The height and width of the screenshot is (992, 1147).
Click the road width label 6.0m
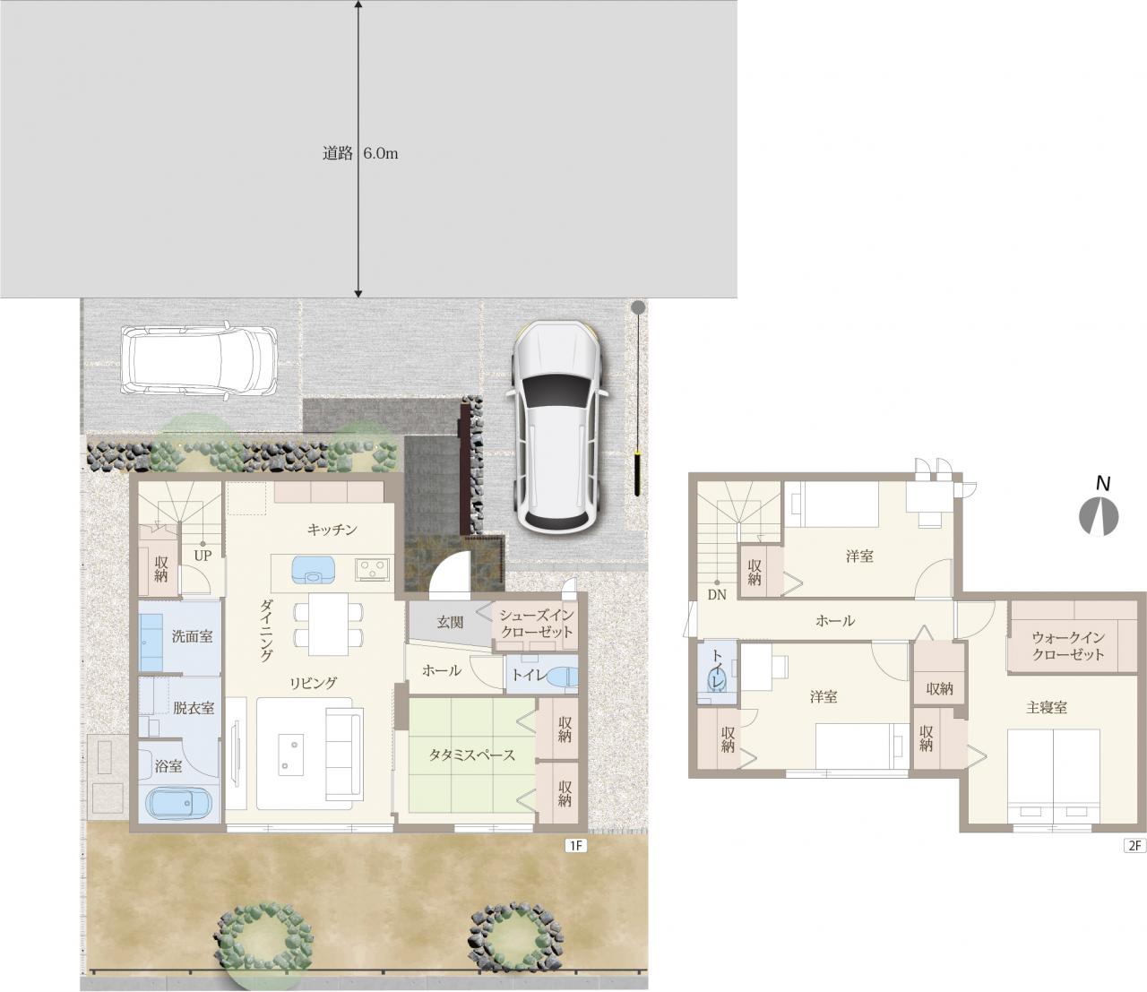click(x=381, y=153)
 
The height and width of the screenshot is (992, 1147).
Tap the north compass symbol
click(x=1099, y=516)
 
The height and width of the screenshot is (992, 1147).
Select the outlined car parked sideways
click(x=199, y=358)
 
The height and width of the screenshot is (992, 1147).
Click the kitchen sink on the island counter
click(x=313, y=569)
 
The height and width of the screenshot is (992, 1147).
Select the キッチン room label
click(x=332, y=530)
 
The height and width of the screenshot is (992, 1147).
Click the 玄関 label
click(x=450, y=623)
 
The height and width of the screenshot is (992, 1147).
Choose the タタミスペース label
click(x=472, y=755)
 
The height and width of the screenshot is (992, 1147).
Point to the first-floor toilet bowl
click(x=564, y=677)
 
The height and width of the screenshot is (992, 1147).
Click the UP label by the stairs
click(x=203, y=556)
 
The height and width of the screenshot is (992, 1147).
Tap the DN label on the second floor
click(x=717, y=595)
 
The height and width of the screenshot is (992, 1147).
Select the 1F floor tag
click(x=575, y=846)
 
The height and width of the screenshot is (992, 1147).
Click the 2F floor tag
click(x=1134, y=846)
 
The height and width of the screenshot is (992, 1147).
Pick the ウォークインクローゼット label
click(x=1067, y=646)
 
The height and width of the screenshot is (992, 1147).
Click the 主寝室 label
click(x=1046, y=707)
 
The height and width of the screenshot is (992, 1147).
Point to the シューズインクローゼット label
click(x=536, y=623)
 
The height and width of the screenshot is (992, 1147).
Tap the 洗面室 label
click(x=192, y=636)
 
